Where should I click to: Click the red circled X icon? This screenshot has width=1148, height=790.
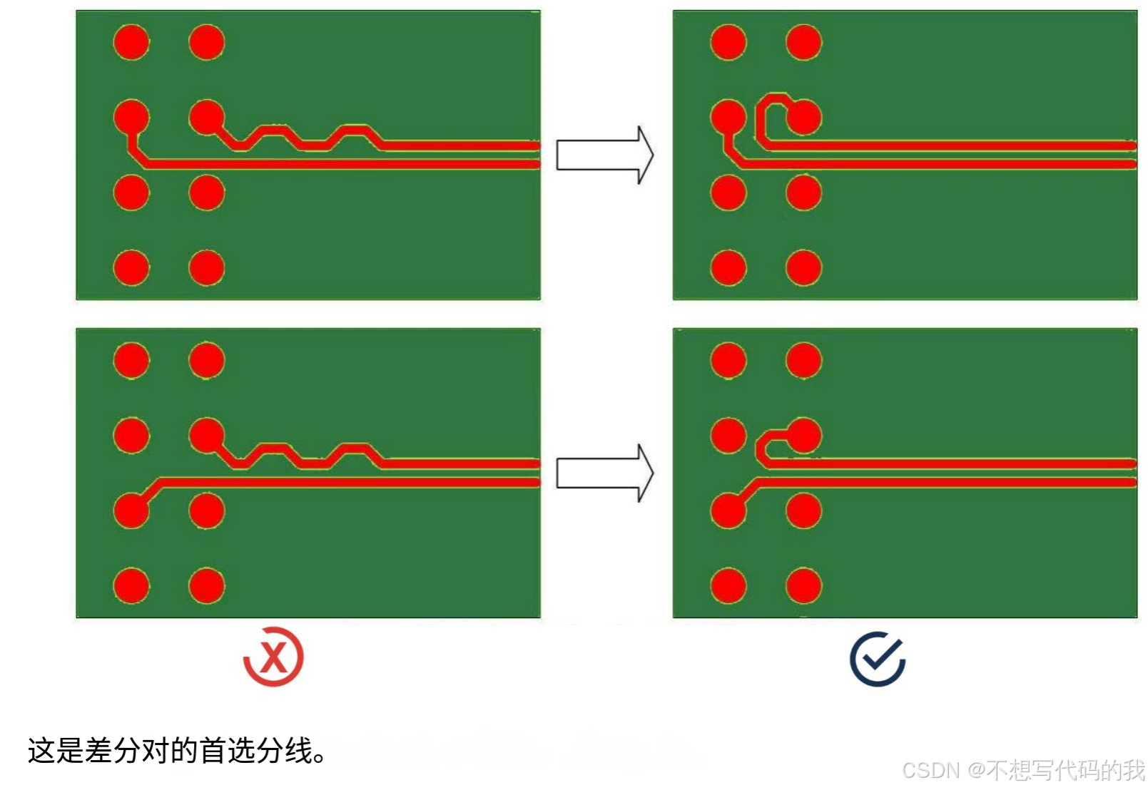(273, 657)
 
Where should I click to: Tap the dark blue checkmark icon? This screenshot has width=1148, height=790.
(877, 659)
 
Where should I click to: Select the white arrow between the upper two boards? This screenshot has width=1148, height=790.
(604, 155)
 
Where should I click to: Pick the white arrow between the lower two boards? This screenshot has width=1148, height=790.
(604, 473)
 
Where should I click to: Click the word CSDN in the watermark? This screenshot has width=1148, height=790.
(930, 770)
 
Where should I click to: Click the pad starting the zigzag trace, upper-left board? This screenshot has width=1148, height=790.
(207, 117)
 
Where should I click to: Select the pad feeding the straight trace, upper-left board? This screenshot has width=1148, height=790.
(131, 117)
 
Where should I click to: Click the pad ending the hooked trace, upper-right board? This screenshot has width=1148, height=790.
(803, 117)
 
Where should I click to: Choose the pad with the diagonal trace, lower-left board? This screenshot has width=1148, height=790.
(131, 511)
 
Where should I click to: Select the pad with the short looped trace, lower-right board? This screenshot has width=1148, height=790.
(803, 436)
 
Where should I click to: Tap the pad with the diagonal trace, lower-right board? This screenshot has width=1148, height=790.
(728, 511)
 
